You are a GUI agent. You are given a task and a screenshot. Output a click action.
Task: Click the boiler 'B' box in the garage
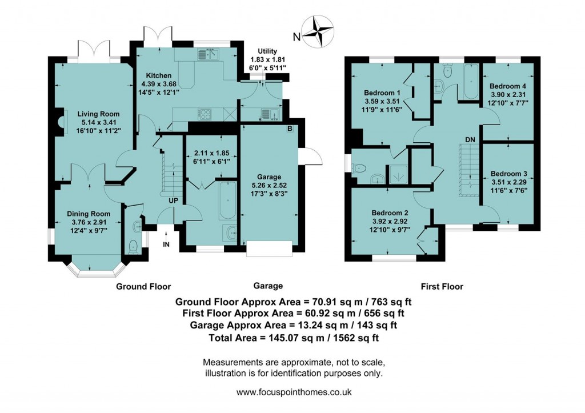[290, 129]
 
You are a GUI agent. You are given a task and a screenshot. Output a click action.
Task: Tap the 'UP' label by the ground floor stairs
[173, 201]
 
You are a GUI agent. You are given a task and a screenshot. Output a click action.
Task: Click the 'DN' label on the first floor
[470, 139]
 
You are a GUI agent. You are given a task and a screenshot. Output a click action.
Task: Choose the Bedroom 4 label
[509, 86]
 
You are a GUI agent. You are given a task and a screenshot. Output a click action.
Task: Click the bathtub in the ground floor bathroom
[228, 202]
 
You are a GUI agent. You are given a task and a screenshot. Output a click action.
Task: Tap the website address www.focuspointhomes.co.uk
[294, 392]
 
